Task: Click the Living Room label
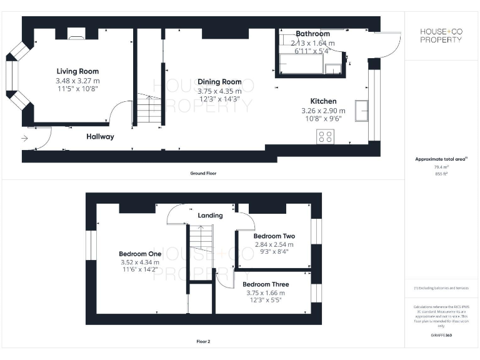click(77, 71)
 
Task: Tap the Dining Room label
click(219, 82)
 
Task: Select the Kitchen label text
click(323, 101)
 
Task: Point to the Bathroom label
click(312, 34)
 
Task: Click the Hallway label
click(100, 136)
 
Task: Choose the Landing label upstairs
click(210, 216)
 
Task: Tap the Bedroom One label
click(140, 254)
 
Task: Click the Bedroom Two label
click(274, 236)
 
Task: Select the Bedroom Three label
click(266, 284)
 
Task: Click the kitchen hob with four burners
click(325, 136)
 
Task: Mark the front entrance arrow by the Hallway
click(24, 139)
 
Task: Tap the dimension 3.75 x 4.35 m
click(219, 91)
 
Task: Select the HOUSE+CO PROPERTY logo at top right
click(441, 35)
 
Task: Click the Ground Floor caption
click(203, 173)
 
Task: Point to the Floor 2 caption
click(203, 342)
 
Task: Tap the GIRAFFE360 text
click(441, 336)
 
